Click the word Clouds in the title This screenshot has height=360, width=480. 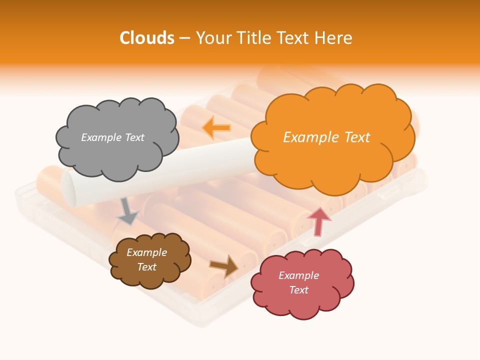[147, 38]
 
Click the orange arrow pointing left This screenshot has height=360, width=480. [216, 128]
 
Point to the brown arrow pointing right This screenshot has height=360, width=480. [224, 265]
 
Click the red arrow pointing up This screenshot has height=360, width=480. [319, 221]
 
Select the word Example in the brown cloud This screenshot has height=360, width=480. [146, 252]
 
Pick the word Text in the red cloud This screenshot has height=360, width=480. [298, 290]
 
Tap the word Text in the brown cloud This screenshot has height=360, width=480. [146, 267]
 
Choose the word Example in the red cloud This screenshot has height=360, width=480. [298, 275]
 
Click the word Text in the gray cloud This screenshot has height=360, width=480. [134, 137]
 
